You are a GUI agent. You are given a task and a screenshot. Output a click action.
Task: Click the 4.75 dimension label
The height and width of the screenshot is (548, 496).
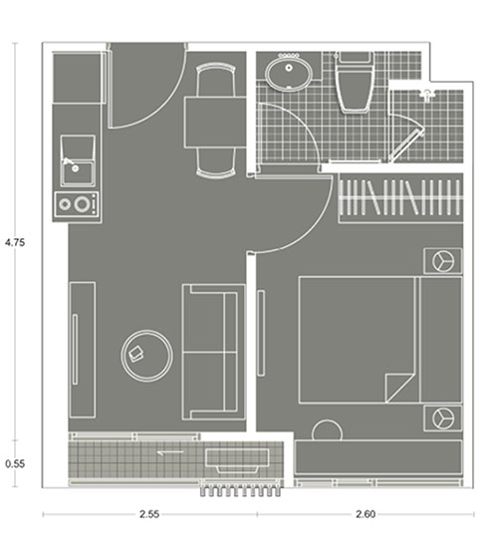[x=15, y=242]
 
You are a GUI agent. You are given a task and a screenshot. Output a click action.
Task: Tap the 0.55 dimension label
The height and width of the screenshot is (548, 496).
[x=15, y=463]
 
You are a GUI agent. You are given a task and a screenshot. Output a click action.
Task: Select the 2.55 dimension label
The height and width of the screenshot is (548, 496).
[x=149, y=514]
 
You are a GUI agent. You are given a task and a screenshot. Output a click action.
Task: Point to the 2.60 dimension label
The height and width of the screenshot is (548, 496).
[x=366, y=514]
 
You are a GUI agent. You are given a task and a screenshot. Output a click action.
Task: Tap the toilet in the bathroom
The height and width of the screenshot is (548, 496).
[x=355, y=83]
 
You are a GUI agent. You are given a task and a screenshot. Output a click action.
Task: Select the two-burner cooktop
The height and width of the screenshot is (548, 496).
[x=77, y=203]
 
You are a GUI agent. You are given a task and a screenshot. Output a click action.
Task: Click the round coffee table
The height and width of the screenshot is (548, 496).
[x=146, y=356]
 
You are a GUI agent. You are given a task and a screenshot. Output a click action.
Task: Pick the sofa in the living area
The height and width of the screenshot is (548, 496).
[x=213, y=352]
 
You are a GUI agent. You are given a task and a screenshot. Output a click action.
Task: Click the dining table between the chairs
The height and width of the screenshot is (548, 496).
[x=215, y=123]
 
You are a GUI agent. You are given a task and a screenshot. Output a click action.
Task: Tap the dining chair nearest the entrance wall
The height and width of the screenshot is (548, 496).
[x=215, y=81]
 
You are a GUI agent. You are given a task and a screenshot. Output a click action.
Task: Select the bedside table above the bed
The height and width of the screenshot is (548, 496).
[x=442, y=261]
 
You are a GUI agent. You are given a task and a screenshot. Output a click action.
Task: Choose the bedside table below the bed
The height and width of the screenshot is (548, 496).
[x=442, y=418]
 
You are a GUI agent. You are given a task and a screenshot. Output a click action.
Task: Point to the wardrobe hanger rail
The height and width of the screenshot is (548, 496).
[x=400, y=198]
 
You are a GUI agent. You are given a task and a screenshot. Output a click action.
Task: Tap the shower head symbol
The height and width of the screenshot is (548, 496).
[x=427, y=95]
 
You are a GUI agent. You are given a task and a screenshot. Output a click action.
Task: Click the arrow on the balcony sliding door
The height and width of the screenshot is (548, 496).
[x=170, y=453]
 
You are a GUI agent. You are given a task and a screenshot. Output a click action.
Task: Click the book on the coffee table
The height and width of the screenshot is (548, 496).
[x=136, y=354]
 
